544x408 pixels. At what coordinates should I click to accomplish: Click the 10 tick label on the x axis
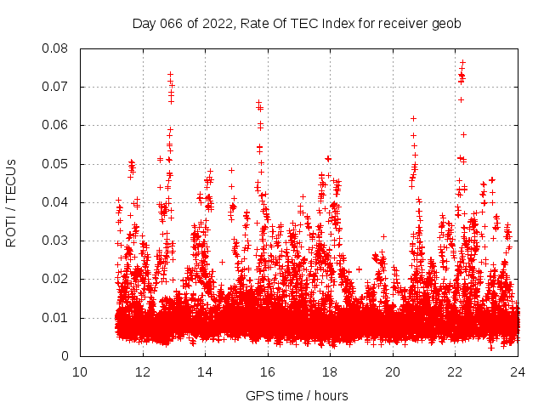[x=80, y=371]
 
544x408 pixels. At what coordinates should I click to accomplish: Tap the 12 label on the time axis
[x=143, y=371]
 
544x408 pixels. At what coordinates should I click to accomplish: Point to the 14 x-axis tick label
[x=205, y=371]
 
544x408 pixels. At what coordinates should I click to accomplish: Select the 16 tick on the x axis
[x=268, y=371]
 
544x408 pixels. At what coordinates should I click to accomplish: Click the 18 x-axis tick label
[x=330, y=371]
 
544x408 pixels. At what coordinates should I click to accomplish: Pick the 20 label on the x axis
[x=393, y=371]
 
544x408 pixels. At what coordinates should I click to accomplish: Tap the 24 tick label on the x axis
[x=518, y=371]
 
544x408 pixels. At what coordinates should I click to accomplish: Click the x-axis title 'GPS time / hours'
[x=297, y=395]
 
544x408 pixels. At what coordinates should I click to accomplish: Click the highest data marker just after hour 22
[x=462, y=62]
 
